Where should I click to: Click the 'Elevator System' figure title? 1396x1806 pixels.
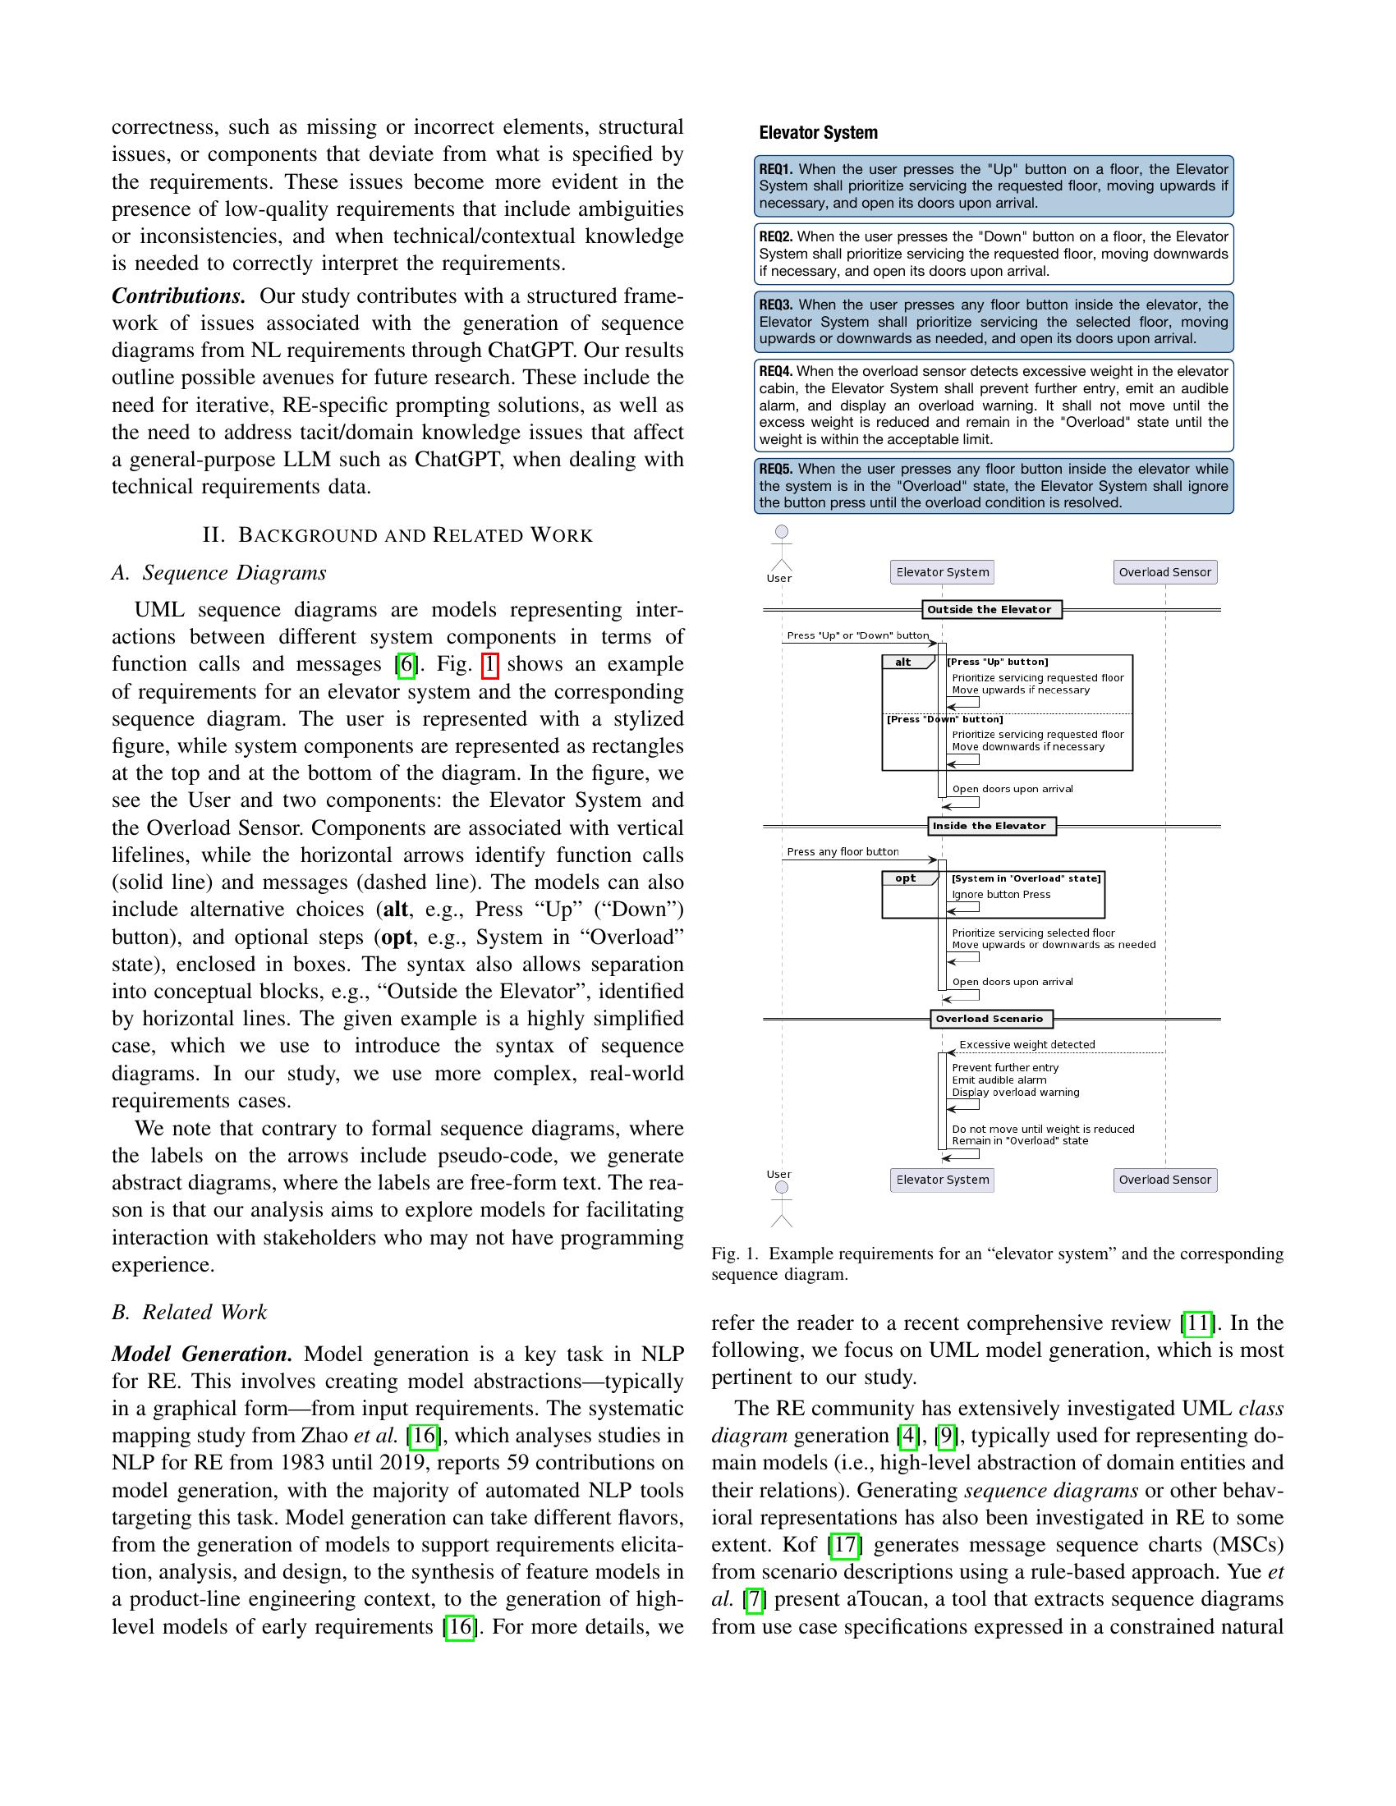pyautogui.click(x=818, y=133)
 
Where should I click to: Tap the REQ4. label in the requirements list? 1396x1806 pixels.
pyautogui.click(x=776, y=371)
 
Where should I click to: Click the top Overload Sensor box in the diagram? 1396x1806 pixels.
pyautogui.click(x=1164, y=572)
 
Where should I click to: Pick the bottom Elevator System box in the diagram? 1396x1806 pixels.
pyautogui.click(x=942, y=1180)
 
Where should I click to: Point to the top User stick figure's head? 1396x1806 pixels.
pyautogui.click(x=782, y=532)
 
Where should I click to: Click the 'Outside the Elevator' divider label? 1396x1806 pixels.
pyautogui.click(x=991, y=610)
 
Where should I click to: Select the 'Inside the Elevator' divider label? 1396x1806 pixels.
pyautogui.click(x=991, y=826)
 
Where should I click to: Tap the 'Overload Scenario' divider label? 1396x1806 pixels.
pyautogui.click(x=991, y=1019)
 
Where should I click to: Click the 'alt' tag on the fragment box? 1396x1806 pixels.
pyautogui.click(x=903, y=662)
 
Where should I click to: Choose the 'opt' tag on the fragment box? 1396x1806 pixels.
pyautogui.click(x=906, y=879)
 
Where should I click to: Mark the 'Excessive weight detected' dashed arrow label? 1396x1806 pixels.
pyautogui.click(x=1027, y=1045)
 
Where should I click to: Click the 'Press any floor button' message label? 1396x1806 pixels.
pyautogui.click(x=842, y=852)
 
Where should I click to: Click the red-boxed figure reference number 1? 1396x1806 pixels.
pyautogui.click(x=489, y=665)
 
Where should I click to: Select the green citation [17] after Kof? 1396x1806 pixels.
pyautogui.click(x=844, y=1545)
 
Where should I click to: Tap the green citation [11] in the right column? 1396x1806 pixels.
pyautogui.click(x=1197, y=1323)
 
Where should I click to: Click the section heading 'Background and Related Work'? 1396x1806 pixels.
pyautogui.click(x=397, y=535)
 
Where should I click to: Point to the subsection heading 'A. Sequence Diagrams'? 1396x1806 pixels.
pyautogui.click(x=219, y=573)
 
